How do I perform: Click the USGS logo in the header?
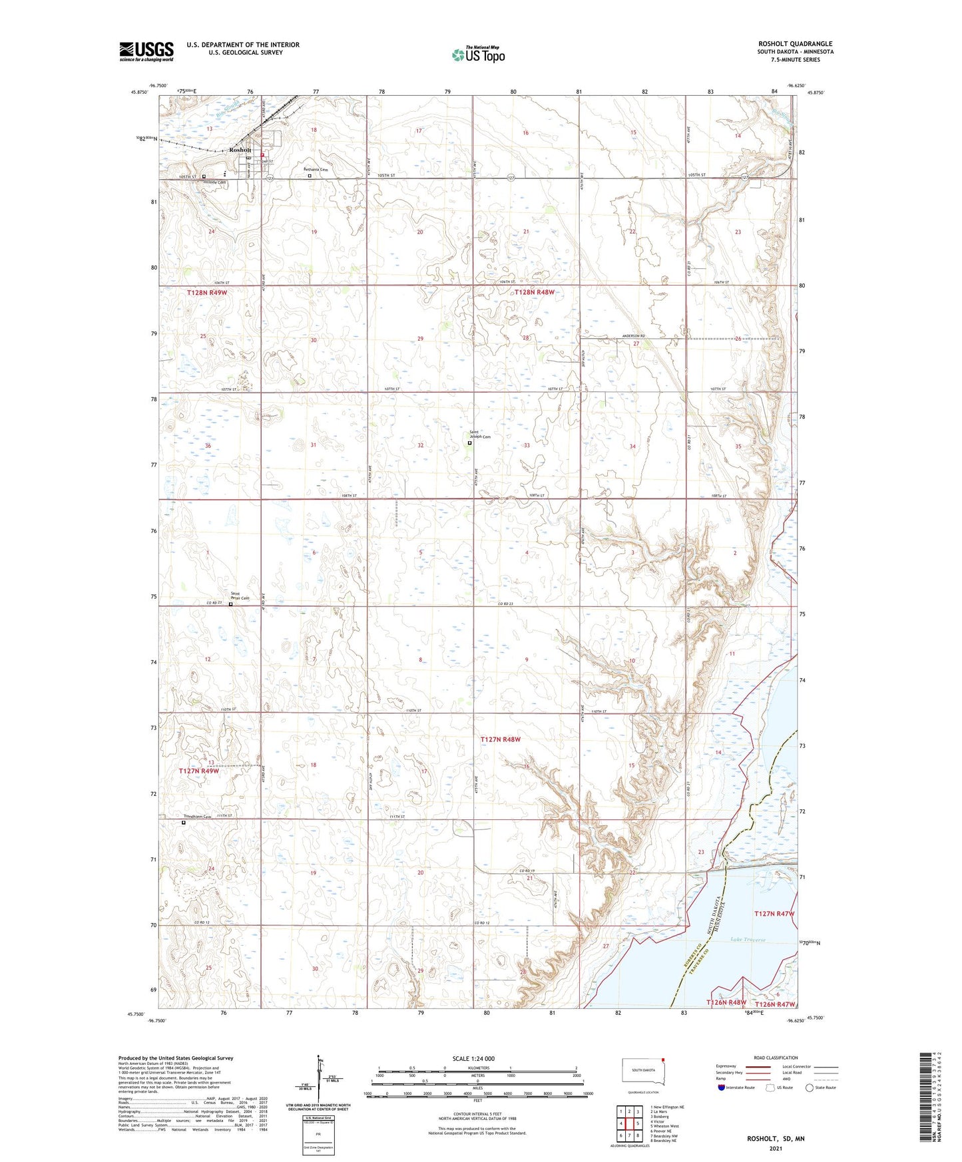(x=146, y=51)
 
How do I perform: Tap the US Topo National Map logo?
(x=478, y=55)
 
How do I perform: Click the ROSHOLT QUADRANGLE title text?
(x=795, y=44)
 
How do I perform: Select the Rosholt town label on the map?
(x=240, y=150)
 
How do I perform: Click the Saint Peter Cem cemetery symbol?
(x=231, y=604)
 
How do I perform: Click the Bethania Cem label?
(x=316, y=170)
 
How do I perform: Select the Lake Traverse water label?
(x=748, y=940)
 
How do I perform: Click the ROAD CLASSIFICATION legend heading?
(x=776, y=1058)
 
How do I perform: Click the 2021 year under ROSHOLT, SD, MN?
(x=775, y=1148)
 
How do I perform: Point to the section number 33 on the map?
(x=527, y=445)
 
